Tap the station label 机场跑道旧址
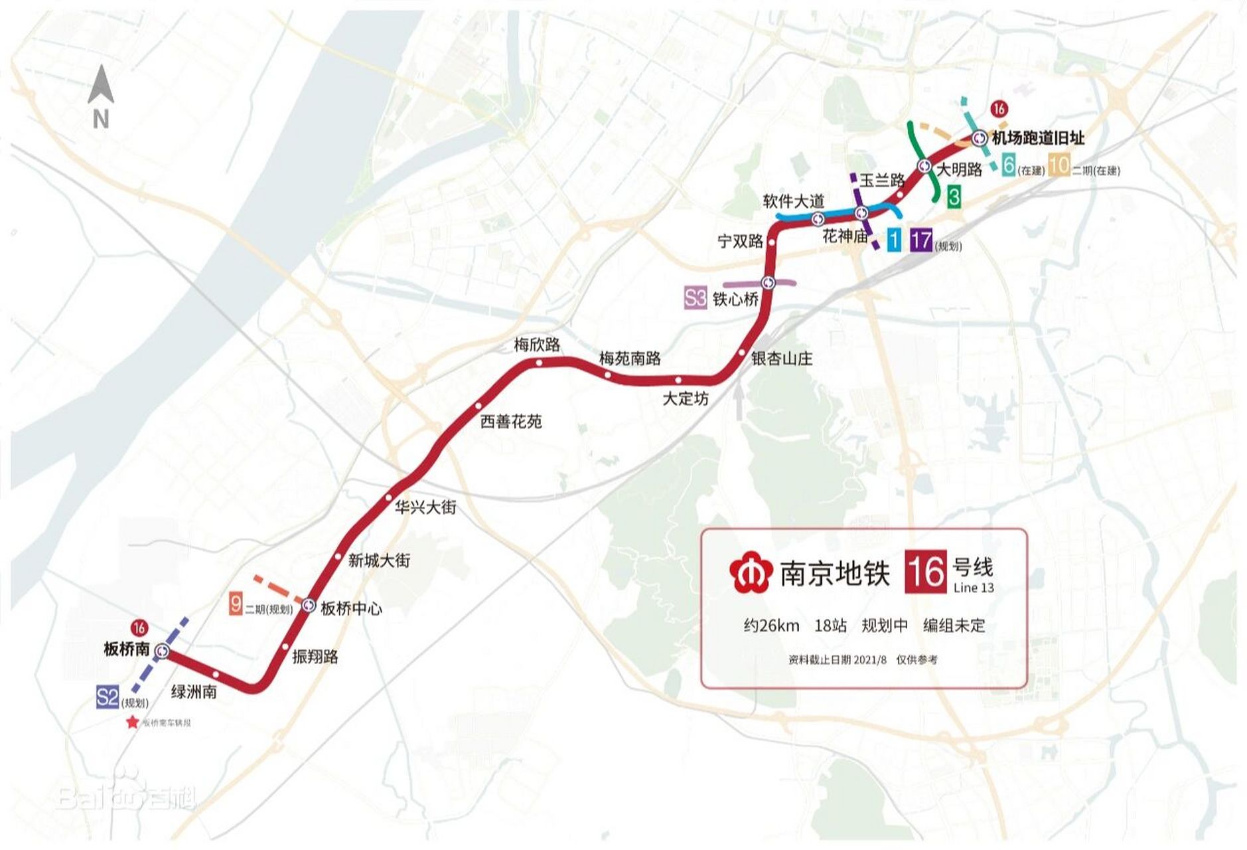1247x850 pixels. point(1038,138)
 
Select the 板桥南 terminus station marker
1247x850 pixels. point(162,652)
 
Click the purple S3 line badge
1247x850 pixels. point(695,298)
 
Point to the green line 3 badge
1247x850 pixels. point(954,197)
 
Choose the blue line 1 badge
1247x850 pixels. point(894,240)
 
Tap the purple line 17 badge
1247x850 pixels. point(920,240)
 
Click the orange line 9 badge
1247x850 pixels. point(236,604)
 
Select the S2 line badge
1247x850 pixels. point(107,697)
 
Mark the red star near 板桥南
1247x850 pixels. point(133,722)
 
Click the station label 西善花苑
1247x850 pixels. point(510,422)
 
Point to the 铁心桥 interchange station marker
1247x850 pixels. point(769,283)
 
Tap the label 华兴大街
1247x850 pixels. point(425,507)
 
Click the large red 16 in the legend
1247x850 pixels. point(926,572)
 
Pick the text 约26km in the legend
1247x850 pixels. point(771,626)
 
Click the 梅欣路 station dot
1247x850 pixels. point(540,363)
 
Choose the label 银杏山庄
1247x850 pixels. point(781,359)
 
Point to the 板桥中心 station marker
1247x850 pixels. point(309,606)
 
